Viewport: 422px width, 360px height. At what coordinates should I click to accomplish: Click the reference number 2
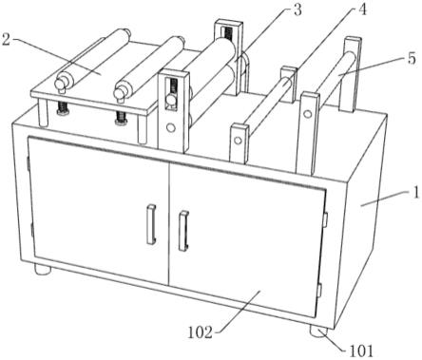tap(7, 40)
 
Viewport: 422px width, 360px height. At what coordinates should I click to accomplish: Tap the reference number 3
tap(297, 10)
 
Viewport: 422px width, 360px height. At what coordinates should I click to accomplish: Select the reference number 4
tap(363, 9)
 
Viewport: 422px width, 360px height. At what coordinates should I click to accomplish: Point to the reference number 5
tap(412, 59)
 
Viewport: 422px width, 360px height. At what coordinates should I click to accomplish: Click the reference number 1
tap(416, 193)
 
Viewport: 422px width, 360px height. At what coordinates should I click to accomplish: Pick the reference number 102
tap(201, 332)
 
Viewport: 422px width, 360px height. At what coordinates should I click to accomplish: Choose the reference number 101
tap(361, 351)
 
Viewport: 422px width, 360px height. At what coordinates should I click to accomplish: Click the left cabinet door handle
tap(151, 224)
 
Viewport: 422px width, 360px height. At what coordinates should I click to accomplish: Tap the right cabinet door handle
tap(183, 231)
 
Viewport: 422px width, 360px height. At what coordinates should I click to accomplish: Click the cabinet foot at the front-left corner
tap(43, 270)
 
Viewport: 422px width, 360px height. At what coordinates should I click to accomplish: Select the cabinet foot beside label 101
tap(319, 332)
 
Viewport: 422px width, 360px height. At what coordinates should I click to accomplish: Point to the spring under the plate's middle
tap(121, 119)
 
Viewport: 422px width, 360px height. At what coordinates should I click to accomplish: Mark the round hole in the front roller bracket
tap(171, 128)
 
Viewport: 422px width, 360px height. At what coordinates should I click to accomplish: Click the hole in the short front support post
tap(238, 141)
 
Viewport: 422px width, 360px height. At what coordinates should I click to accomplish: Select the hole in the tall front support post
tap(307, 114)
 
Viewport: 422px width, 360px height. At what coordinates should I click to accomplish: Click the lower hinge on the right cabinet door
tap(319, 290)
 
